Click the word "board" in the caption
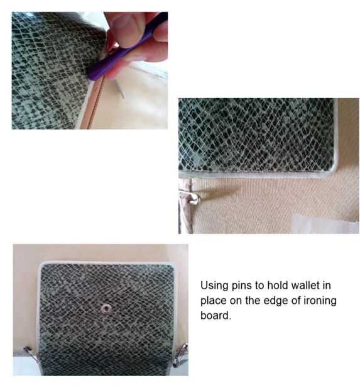coord(215,315)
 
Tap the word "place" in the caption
coord(214,301)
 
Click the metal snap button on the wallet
coord(106,309)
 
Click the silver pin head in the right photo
coord(194,199)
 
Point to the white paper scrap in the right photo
coord(323,223)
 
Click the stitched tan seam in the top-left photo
coord(95,104)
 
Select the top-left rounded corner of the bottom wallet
coord(42,265)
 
